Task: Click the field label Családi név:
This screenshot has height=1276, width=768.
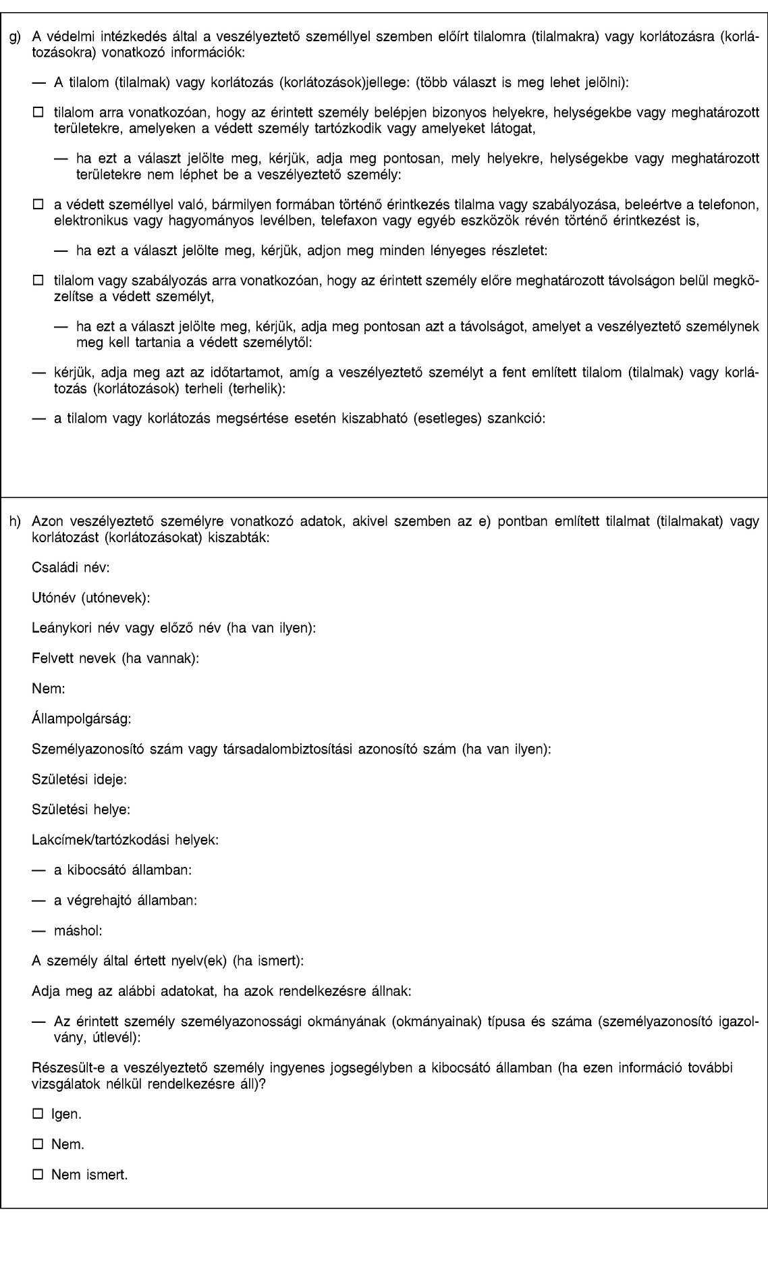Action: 71,568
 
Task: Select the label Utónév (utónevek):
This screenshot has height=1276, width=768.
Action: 91,598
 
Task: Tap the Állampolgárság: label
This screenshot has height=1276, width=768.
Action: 82,719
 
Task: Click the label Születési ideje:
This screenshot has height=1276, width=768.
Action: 80,779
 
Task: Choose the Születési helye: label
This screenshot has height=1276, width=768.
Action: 81,809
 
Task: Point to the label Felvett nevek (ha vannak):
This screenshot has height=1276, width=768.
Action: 115,658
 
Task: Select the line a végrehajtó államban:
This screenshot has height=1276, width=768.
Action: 126,901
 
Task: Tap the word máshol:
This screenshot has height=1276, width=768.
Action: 78,931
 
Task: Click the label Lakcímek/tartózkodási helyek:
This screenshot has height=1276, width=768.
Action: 126,840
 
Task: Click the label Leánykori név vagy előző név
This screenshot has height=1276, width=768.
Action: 174,628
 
